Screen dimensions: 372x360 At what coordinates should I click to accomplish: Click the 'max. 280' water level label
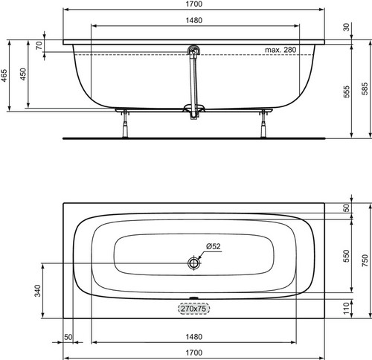coord(280,50)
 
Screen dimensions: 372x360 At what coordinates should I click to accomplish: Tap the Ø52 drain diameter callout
coord(214,246)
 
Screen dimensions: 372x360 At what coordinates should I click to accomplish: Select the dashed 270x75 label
coord(193,309)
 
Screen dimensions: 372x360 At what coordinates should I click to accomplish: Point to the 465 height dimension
coord(4,75)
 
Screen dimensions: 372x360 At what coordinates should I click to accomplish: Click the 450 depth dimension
coord(23,74)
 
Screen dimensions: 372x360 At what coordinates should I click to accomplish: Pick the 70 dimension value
coord(39,45)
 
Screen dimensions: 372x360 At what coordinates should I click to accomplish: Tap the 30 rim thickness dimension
coord(347,27)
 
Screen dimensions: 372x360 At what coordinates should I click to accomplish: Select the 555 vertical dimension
coord(347,91)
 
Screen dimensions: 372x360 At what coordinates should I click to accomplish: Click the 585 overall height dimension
coord(365,89)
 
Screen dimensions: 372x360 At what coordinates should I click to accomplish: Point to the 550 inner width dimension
coord(347,256)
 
